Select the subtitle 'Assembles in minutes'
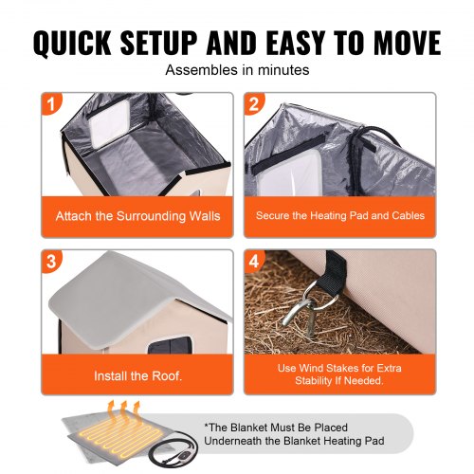coord(236,71)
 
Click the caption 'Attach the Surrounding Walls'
coord(137,216)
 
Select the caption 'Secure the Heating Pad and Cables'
coord(339,216)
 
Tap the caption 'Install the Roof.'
coord(137,375)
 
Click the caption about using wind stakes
coord(339,374)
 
